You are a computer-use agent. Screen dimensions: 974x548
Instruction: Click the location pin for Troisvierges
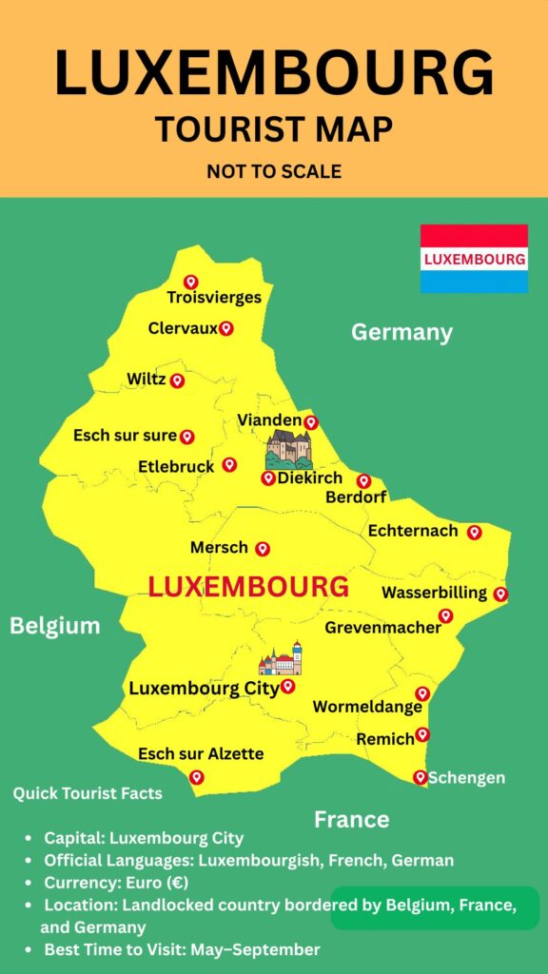pos(190,282)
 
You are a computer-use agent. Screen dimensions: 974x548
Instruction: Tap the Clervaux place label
pos(183,328)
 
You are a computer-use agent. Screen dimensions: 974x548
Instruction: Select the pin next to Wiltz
pos(177,380)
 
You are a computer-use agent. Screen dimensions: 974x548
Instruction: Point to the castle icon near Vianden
pos(288,448)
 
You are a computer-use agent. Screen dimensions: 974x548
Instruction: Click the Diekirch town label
pos(310,478)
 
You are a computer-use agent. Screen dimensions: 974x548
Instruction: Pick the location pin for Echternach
pos(474,532)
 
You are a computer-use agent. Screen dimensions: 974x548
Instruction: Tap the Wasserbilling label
pos(434,593)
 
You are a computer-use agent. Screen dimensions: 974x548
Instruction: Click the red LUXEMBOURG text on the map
pos(248,586)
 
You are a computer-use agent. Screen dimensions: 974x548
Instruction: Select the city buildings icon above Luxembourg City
pos(281,658)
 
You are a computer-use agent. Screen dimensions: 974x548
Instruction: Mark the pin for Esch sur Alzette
pos(196,777)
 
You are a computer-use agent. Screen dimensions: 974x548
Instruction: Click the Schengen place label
pos(466,777)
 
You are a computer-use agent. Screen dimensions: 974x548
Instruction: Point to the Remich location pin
pos(422,734)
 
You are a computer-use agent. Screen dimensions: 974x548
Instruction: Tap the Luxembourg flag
pos(474,259)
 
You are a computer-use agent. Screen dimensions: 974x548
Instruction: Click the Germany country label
pos(401,332)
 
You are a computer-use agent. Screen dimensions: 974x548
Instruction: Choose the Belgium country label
pos(55,625)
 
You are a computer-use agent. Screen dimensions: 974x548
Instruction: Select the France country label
pos(352,819)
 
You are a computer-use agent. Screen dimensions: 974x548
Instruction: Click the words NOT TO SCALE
pos(274,172)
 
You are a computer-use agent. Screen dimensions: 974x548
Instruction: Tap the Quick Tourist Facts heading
pos(88,793)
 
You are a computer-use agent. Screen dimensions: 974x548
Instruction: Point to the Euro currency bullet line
pos(115,882)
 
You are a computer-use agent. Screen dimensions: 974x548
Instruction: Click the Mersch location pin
pos(263,549)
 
